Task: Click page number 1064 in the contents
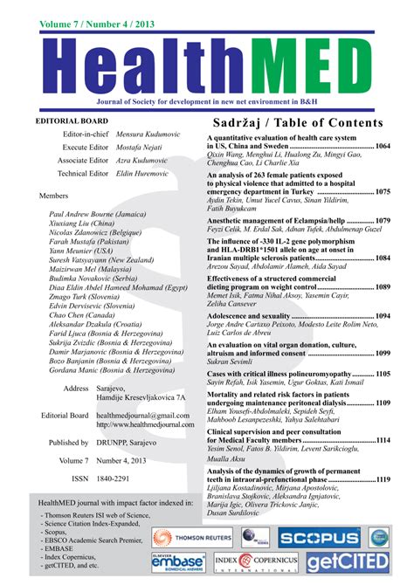(383, 147)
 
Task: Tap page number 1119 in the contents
(383, 479)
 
